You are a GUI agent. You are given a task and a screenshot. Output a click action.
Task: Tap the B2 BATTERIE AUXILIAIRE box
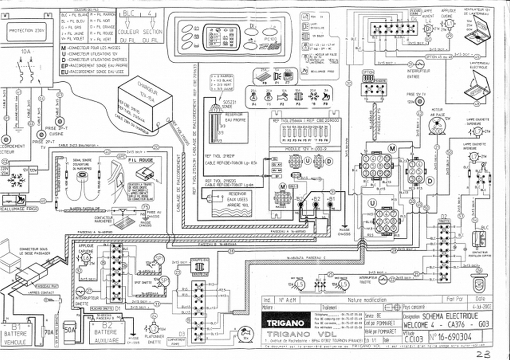coord(107,333)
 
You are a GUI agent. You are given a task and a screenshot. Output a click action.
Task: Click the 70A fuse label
coord(49,332)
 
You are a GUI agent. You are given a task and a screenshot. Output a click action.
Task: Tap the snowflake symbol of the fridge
coord(14,181)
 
